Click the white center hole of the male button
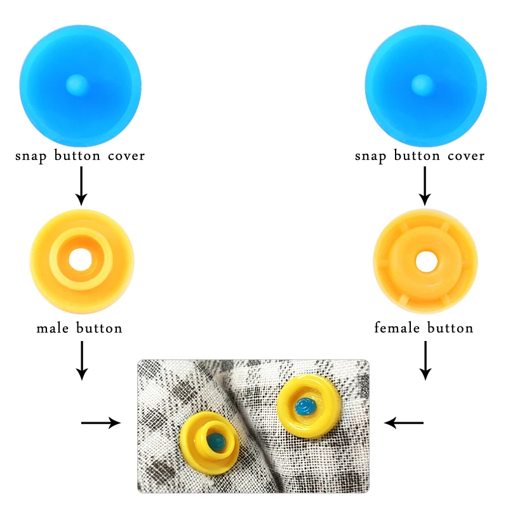[81, 259]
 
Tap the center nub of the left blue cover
[76, 83]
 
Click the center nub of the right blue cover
[420, 83]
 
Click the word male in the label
[53, 328]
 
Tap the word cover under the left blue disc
[125, 156]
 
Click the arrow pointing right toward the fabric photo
[102, 422]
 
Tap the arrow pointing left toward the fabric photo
[404, 422]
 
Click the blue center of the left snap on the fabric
[215, 440]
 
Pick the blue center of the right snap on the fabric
[306, 404]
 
